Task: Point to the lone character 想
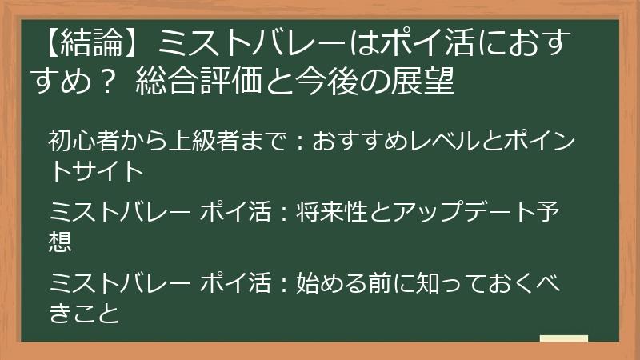(x=61, y=241)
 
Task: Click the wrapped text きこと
(x=84, y=311)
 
